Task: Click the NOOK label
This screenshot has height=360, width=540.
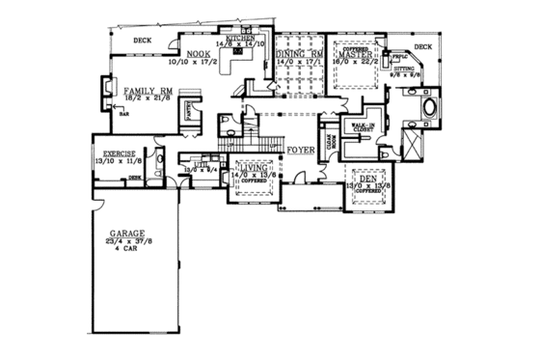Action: [199, 54]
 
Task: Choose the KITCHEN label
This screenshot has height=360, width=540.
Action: [237, 37]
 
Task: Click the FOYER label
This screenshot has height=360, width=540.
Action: [298, 151]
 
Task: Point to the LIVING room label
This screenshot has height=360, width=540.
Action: [256, 167]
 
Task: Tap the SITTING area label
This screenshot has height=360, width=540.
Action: [402, 69]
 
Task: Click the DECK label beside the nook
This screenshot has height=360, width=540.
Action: [143, 40]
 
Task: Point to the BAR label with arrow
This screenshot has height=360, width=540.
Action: [123, 112]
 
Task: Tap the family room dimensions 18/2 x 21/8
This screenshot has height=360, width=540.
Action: [146, 97]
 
